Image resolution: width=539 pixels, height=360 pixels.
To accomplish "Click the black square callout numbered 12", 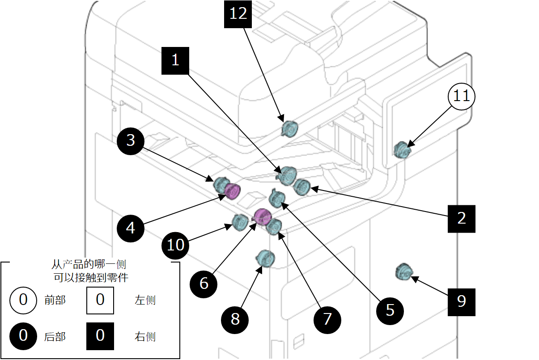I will pos(238,14).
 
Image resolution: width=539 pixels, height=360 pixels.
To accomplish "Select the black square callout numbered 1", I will pos(175,60).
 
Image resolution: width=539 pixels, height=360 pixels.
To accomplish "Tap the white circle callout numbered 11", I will pos(462,96).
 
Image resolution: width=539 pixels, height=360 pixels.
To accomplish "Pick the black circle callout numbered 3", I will pos(131,141).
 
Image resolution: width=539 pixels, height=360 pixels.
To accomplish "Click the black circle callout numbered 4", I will pos(131,229).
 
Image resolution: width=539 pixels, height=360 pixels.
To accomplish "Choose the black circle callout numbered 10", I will pos(176,245).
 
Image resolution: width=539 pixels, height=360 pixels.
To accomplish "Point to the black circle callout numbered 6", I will pos(204,283).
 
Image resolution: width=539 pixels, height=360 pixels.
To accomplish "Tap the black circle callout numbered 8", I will pos(235,319).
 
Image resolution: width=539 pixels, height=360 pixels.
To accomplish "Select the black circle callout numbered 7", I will pos(327,319).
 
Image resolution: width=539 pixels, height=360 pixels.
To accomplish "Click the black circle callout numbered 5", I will pos(390,310).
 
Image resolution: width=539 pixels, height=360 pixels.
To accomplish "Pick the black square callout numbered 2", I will pos(462,218).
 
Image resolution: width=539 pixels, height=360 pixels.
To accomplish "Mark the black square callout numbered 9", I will pos(462,301).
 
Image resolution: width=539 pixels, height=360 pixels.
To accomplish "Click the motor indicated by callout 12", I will pos(289,129).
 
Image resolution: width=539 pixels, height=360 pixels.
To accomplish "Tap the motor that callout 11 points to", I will pos(402,150).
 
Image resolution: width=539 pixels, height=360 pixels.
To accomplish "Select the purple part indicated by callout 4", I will pos(233,191).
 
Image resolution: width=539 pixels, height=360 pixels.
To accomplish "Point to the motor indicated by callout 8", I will pos(265,258).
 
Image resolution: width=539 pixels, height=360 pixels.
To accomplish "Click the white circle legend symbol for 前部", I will pos(23,300).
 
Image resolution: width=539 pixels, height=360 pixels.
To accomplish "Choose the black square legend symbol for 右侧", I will pos(100,335).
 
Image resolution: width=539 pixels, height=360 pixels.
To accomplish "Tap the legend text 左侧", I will pos(145,300).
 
